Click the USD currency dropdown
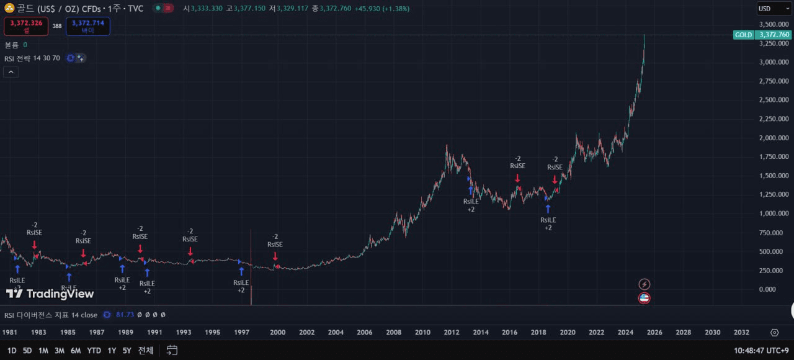point(774,9)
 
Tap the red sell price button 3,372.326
point(25,26)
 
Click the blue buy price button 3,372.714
point(87,26)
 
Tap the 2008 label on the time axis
point(393,333)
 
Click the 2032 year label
point(741,333)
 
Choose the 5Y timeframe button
point(127,351)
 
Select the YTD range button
point(94,351)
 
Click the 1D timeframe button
point(12,351)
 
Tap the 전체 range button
point(146,351)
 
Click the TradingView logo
point(50,294)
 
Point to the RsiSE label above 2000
point(275,244)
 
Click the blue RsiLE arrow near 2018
point(548,209)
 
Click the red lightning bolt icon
point(645,284)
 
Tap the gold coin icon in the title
point(9,8)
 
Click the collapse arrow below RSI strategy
point(11,72)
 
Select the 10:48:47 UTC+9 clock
point(761,351)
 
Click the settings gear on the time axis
point(774,333)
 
